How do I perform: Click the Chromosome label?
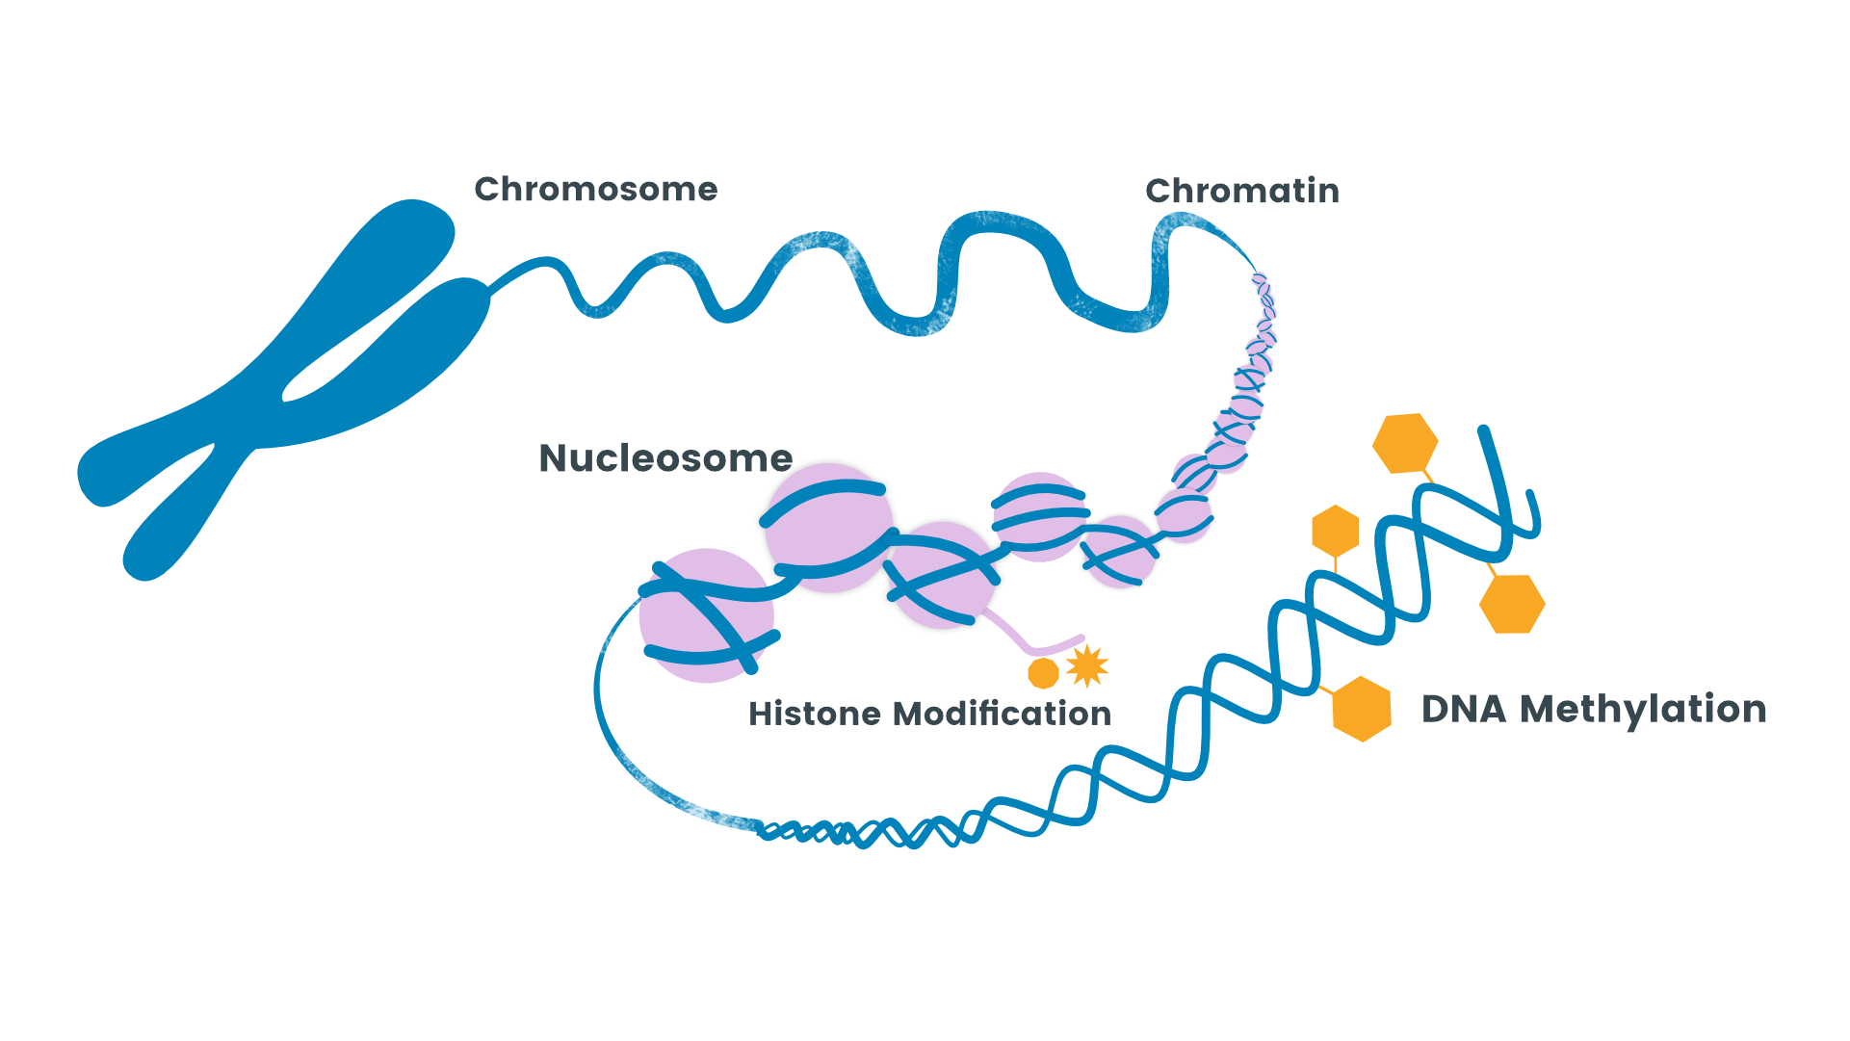click(x=595, y=189)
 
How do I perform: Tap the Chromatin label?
click(x=1241, y=191)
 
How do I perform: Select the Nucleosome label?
click(x=665, y=458)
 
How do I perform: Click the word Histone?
click(x=815, y=714)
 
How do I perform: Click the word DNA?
click(x=1463, y=709)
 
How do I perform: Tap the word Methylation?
click(x=1643, y=709)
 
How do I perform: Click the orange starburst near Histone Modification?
click(x=1087, y=665)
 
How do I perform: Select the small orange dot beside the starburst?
click(x=1043, y=673)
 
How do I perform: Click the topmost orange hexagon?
click(x=1405, y=443)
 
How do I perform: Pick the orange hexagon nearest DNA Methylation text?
click(x=1362, y=709)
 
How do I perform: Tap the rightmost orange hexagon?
click(x=1512, y=604)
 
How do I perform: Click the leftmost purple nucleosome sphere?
click(x=706, y=616)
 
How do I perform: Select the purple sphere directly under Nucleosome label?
click(x=828, y=528)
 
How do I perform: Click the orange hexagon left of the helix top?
click(x=1335, y=531)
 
